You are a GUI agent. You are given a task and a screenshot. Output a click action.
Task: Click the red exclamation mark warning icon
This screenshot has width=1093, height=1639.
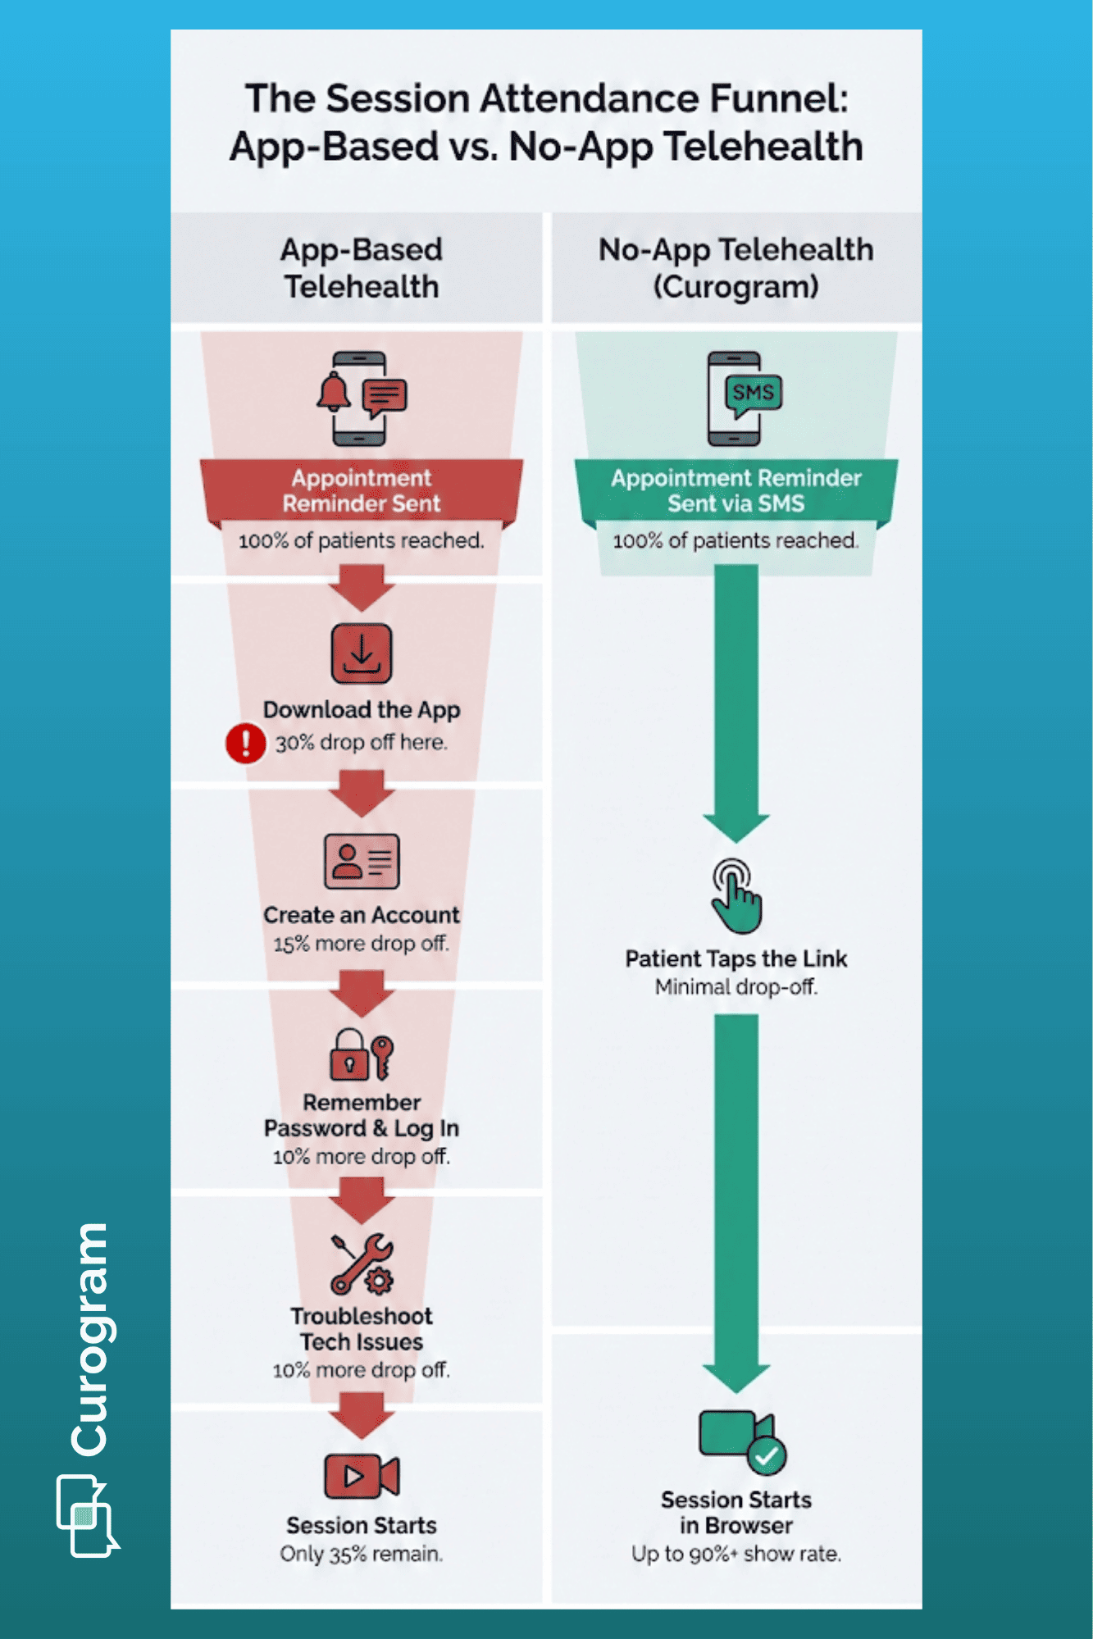click(x=244, y=743)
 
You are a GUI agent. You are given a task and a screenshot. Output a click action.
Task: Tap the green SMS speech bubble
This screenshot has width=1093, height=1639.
click(x=753, y=394)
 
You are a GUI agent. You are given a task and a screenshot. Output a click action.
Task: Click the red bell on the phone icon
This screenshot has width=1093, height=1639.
click(x=334, y=392)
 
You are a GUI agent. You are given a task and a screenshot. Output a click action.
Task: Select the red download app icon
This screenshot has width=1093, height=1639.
click(x=362, y=653)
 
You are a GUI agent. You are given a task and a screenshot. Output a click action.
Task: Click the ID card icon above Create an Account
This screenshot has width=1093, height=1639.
click(x=362, y=861)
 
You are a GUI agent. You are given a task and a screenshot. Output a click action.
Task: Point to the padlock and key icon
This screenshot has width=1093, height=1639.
click(x=362, y=1054)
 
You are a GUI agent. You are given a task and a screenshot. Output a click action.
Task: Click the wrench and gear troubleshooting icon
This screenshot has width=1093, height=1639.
click(x=362, y=1263)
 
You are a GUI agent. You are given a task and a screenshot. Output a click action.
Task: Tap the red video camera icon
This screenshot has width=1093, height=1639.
click(x=362, y=1476)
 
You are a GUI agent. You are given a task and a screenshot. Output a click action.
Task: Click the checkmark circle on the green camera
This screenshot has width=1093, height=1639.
click(x=767, y=1456)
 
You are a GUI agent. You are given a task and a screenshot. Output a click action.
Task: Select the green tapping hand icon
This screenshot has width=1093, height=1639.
click(x=735, y=896)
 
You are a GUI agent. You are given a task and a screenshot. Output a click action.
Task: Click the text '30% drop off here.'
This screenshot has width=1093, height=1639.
click(x=361, y=743)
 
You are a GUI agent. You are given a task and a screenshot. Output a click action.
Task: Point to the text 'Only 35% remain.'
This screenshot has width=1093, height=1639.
click(x=362, y=1554)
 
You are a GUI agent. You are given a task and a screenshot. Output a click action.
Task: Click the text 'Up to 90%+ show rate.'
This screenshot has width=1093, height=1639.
click(x=735, y=1554)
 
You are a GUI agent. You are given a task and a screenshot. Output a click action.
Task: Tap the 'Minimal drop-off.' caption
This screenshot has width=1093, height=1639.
click(x=735, y=987)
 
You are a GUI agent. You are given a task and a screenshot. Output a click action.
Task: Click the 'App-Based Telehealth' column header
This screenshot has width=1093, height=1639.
click(x=362, y=268)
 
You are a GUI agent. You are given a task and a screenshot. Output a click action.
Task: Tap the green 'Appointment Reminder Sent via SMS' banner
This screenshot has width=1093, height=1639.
click(x=735, y=490)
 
